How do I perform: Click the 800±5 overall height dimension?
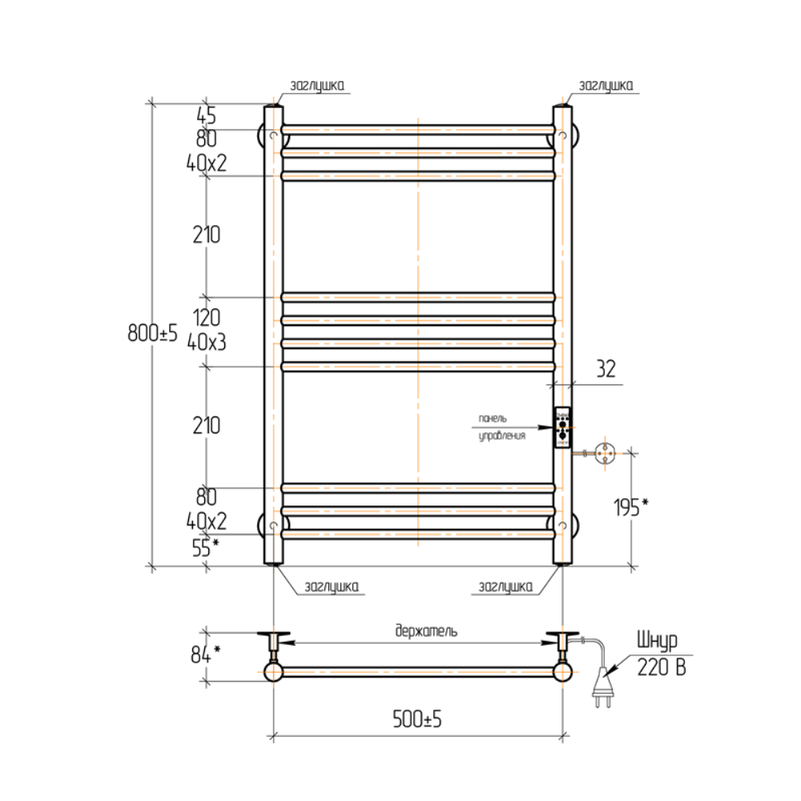(x=152, y=332)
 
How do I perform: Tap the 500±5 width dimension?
(x=417, y=718)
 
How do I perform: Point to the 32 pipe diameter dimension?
(x=606, y=368)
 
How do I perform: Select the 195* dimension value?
(x=631, y=507)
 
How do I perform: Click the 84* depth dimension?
(x=205, y=654)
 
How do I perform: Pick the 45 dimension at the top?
(x=207, y=115)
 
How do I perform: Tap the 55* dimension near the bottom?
(x=205, y=547)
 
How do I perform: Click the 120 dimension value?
(x=207, y=317)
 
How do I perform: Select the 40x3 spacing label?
(x=207, y=342)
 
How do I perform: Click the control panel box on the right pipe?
(x=562, y=428)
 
